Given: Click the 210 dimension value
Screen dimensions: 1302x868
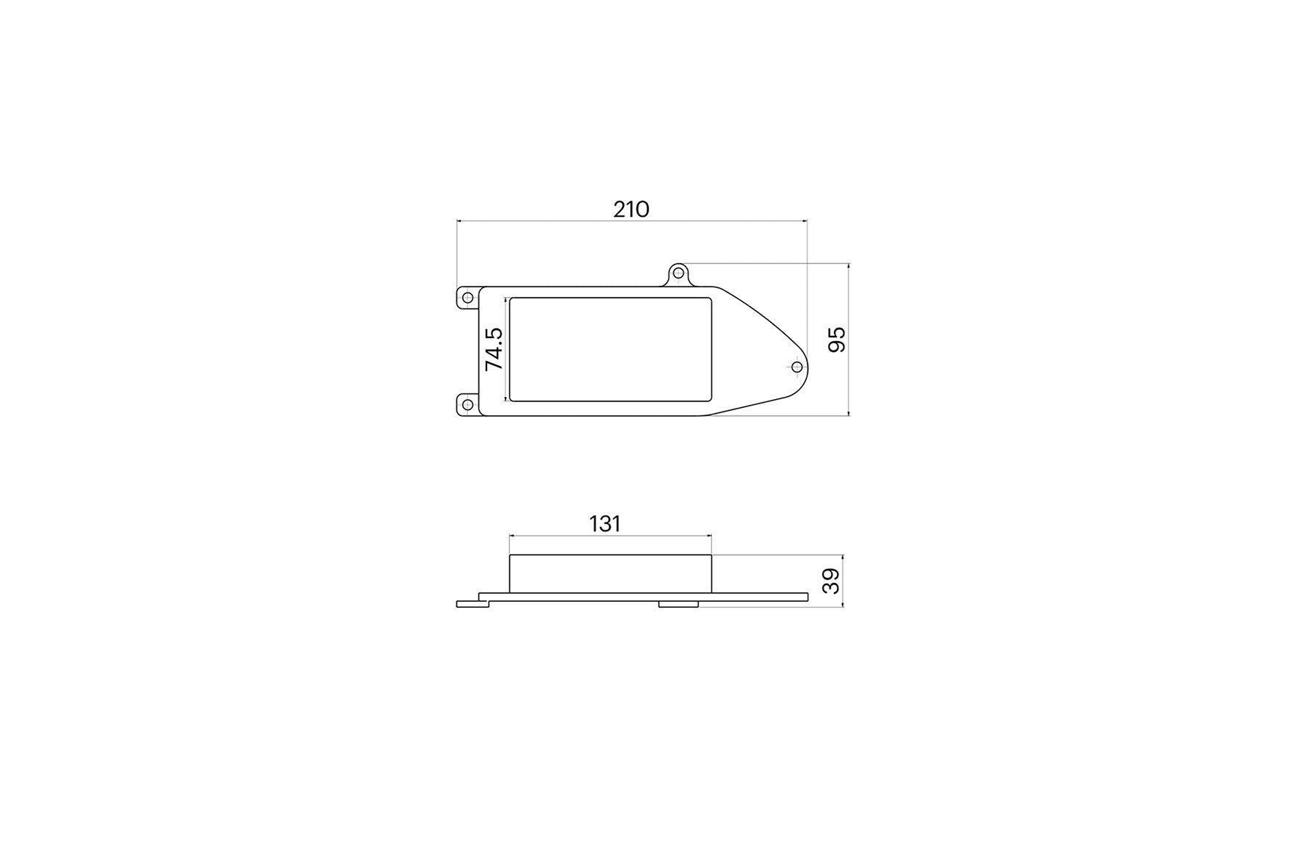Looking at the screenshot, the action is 631,209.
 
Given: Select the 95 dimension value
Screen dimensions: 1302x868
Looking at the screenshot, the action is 837,340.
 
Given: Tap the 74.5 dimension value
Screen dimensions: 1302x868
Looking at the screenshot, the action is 494,349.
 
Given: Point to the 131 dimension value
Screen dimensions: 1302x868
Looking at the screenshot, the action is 605,524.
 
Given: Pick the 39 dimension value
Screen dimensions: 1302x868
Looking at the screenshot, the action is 830,581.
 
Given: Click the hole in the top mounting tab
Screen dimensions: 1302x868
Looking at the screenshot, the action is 679,273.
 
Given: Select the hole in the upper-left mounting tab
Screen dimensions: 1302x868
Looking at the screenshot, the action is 467,298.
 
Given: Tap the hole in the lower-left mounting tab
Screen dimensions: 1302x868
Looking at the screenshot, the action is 467,403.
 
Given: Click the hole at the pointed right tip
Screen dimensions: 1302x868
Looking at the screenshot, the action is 796,366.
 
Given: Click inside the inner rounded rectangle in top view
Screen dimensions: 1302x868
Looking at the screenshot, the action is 610,350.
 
